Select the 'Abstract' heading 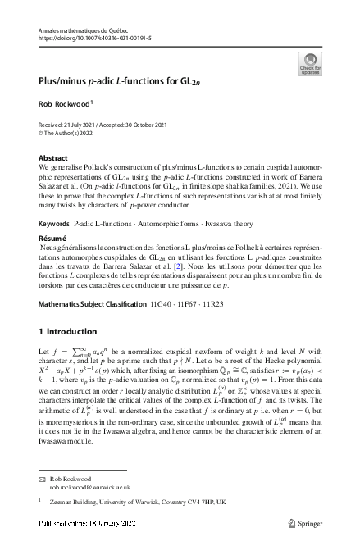53,157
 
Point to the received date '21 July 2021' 90,123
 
